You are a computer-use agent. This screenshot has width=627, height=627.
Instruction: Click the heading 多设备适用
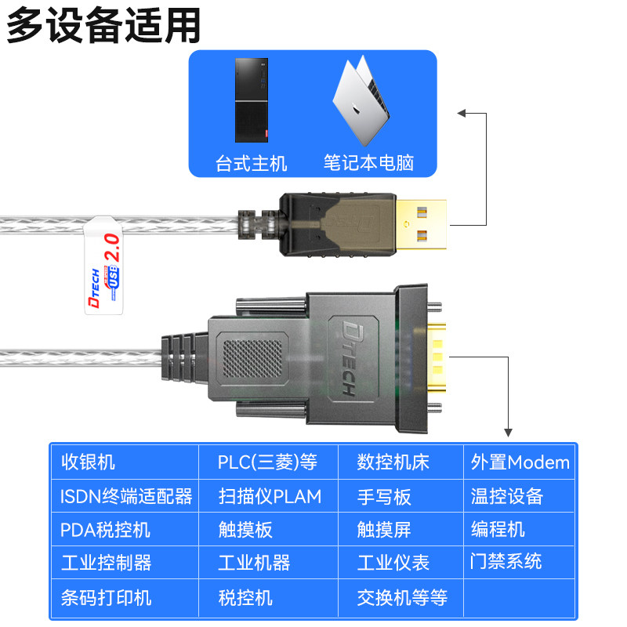[x=103, y=25]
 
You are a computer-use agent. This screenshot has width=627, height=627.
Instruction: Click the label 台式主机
[x=251, y=163]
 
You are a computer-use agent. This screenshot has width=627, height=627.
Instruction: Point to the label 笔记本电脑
[x=368, y=163]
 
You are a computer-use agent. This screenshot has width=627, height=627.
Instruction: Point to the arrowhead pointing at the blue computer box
[x=462, y=114]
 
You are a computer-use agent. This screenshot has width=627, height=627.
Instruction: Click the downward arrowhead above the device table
[x=508, y=431]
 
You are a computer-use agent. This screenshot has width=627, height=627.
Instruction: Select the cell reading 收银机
[x=88, y=462]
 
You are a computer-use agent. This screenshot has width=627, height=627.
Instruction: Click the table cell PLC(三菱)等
[x=267, y=462]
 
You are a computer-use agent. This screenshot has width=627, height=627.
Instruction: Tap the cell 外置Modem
[x=520, y=462]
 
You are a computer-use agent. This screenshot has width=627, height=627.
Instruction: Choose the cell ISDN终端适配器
[x=126, y=497]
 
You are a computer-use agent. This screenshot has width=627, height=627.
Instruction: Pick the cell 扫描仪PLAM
[x=270, y=497]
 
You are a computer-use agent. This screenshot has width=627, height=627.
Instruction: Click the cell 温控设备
[x=506, y=497]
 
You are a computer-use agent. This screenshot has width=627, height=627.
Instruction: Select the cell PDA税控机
[x=105, y=530]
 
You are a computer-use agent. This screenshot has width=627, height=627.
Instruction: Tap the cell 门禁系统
[x=506, y=561]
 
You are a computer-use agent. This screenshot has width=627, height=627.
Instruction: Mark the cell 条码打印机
[x=107, y=598]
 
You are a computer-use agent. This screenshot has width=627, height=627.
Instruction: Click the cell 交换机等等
[x=402, y=598]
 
